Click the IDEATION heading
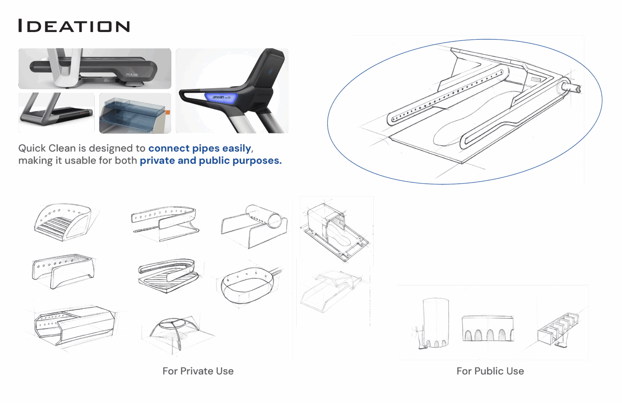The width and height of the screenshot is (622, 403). coord(74,26)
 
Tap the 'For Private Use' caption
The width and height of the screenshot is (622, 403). coord(198,371)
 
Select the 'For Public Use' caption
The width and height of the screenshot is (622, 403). coord(490,371)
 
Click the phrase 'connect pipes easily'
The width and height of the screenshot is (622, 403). coord(200,148)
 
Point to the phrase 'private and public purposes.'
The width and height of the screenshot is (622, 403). coord(211,161)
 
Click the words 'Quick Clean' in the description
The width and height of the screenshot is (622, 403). coord(47,148)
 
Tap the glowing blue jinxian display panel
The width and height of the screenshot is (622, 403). coord(221,98)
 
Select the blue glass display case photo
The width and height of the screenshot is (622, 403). coord(135,113)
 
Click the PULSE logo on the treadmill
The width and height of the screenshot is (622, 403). coord(132,74)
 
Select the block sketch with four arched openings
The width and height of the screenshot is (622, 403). coord(488,328)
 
